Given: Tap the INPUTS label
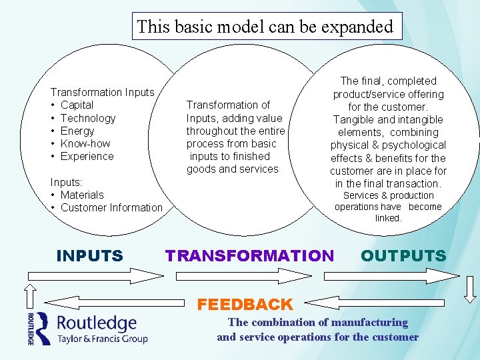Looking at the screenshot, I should click(x=90, y=255).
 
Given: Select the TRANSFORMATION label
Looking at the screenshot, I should click(x=249, y=255).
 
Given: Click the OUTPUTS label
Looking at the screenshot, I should click(x=403, y=255).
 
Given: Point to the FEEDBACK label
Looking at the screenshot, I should click(x=245, y=305).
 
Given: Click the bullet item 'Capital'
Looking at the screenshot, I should click(x=77, y=105).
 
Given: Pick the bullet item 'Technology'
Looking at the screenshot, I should click(x=87, y=118).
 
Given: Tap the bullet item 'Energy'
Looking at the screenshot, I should click(x=77, y=131).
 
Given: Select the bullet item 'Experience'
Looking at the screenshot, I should click(x=87, y=156).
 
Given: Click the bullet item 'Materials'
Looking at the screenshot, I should click(x=82, y=195).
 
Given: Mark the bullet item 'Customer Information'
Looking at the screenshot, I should click(x=111, y=207).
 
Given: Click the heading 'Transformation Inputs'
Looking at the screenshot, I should click(x=102, y=92).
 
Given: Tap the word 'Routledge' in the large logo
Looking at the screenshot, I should click(x=97, y=323).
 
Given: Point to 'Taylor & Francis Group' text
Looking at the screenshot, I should click(x=102, y=339).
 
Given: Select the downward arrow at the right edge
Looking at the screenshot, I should click(x=471, y=288).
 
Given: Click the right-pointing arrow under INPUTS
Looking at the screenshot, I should click(x=93, y=275).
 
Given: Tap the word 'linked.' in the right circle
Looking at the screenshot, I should click(x=388, y=218).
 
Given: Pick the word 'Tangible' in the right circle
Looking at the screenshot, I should click(x=355, y=119).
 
